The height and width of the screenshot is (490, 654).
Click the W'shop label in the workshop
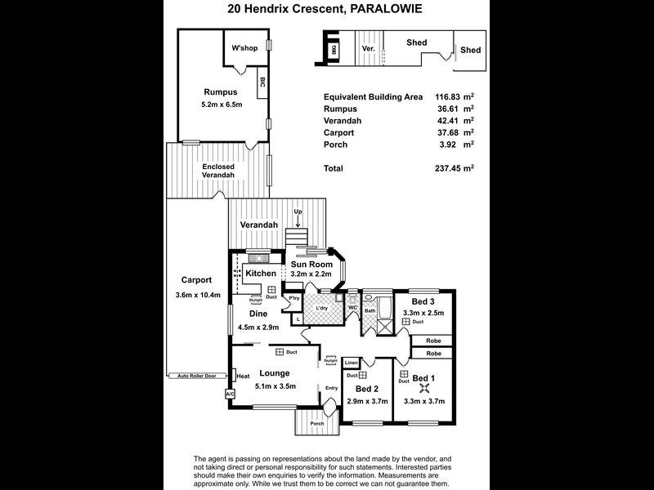coord(244,48)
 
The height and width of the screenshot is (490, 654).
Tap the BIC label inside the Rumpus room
coord(262,82)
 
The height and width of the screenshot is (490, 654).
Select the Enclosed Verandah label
coord(218,171)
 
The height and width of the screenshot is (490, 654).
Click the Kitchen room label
coord(261,273)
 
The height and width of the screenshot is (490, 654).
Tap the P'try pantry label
coord(293,298)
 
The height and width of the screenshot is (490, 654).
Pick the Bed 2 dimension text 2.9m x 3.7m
coord(366,402)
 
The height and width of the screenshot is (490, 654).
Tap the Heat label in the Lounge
coord(243,376)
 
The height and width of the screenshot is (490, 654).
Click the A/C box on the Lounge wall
coord(229,394)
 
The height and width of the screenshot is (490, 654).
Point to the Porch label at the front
coord(316,423)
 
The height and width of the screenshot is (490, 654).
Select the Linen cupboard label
coord(351,363)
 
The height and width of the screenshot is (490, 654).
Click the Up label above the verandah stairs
coord(298,212)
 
